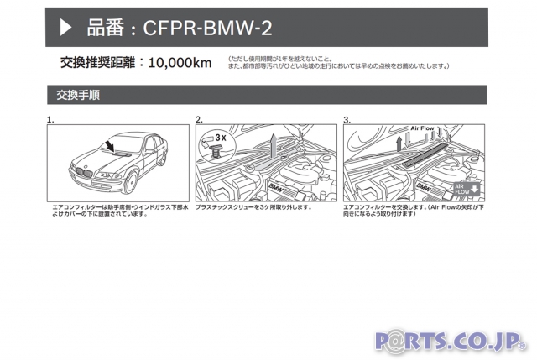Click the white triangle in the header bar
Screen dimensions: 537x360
point(65,27)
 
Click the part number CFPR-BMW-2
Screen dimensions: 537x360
point(207,28)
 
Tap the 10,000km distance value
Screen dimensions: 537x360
point(180,63)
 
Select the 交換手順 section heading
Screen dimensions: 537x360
point(78,95)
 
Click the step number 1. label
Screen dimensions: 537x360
point(50,119)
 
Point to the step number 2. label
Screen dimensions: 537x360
point(199,119)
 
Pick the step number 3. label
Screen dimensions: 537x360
point(347,120)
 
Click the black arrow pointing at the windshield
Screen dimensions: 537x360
point(109,144)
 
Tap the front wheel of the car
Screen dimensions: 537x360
point(131,183)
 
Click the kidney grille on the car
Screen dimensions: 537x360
point(84,172)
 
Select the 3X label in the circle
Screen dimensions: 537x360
point(221,138)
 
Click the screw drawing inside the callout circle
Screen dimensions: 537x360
point(215,150)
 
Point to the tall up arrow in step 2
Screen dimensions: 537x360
point(274,145)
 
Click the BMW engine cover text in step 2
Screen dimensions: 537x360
point(276,188)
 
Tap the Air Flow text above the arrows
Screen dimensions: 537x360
point(422,128)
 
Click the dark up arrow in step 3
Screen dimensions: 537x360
point(399,143)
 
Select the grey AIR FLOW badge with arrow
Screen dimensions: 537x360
point(467,189)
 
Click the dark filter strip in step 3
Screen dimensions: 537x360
point(425,154)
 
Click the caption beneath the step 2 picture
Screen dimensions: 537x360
point(253,207)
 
